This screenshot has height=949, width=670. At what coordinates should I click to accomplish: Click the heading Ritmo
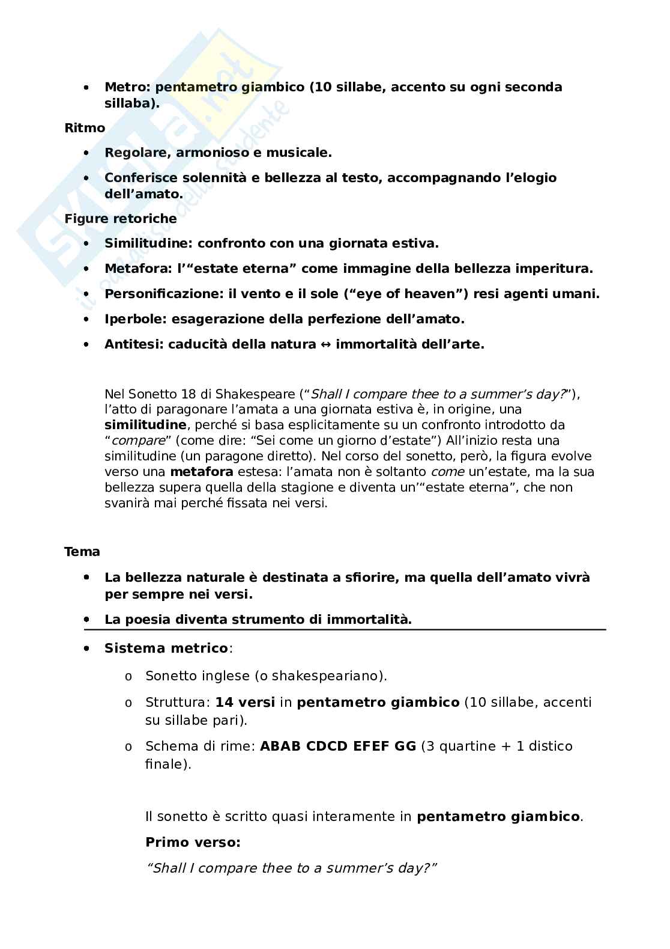click(x=85, y=128)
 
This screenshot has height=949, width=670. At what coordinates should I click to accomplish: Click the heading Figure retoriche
click(x=121, y=219)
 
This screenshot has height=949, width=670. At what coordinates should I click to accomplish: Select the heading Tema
click(x=82, y=552)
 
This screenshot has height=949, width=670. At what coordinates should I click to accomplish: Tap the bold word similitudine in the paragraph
click(x=145, y=425)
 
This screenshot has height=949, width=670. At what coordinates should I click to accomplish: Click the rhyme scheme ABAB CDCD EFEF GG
click(x=338, y=746)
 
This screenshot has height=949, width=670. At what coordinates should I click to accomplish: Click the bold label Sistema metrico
click(x=166, y=648)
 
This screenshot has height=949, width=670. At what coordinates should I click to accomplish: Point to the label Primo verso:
click(x=193, y=843)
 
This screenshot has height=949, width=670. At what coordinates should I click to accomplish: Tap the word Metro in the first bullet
click(x=127, y=87)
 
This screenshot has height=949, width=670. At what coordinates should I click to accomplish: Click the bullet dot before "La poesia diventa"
click(x=87, y=619)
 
